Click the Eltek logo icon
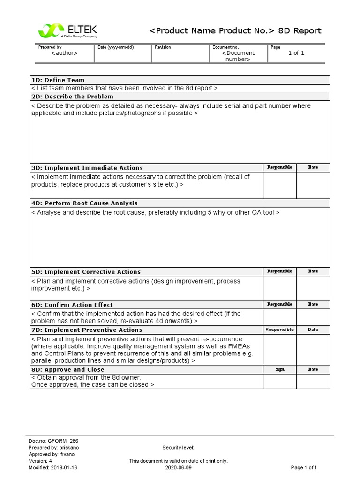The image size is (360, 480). (x=48, y=31)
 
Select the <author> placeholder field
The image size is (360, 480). (x=64, y=53)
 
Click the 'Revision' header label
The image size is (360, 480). (x=163, y=47)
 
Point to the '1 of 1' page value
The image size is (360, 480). (x=296, y=53)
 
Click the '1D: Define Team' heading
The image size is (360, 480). (x=58, y=80)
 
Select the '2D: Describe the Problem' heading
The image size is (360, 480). (x=72, y=97)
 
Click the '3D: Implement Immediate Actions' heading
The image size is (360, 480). (x=87, y=168)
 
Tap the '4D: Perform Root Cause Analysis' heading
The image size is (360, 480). (x=84, y=203)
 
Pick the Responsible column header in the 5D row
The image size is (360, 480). (x=279, y=271)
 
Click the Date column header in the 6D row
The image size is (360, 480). (x=313, y=305)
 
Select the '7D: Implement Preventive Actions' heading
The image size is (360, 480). (x=86, y=330)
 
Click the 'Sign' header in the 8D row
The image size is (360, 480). (x=279, y=369)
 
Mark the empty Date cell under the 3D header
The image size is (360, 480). (x=313, y=185)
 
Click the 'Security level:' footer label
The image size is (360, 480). (x=178, y=448)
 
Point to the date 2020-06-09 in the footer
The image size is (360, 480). (x=178, y=468)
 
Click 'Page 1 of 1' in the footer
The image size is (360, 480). (x=304, y=468)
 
